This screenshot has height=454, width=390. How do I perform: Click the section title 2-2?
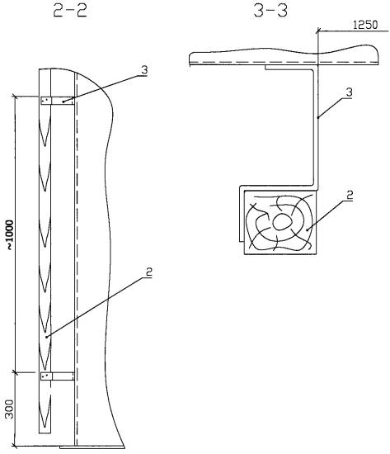point(70,11)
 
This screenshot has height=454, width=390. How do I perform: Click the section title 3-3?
point(270,11)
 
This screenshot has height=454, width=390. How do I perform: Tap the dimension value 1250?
point(365,25)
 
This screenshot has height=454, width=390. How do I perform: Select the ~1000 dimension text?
point(10,235)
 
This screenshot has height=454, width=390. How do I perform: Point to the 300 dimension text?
point(10,409)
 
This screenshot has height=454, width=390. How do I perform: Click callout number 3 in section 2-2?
point(144,70)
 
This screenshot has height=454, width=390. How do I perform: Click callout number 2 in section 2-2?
point(148,272)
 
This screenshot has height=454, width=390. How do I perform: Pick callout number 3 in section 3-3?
point(350,92)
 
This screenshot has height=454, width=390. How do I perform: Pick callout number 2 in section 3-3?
point(350,195)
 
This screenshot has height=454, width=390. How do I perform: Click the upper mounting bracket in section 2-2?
point(57,101)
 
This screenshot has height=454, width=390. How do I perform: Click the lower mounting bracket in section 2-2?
point(57,376)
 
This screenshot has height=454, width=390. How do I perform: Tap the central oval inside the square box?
point(280,222)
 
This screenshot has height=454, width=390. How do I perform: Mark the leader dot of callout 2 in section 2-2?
point(46,337)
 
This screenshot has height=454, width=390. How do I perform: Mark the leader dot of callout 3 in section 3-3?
point(317,117)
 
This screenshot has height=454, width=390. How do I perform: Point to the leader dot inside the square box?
point(308,229)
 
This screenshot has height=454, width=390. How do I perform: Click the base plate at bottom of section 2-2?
point(92,447)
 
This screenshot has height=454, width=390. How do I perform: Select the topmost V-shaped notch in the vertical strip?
point(45,130)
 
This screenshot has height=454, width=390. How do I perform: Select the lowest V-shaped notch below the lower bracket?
point(45,410)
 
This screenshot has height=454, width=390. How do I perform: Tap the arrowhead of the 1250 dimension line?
point(319,30)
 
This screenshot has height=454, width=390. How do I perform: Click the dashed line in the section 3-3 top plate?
point(284,62)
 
